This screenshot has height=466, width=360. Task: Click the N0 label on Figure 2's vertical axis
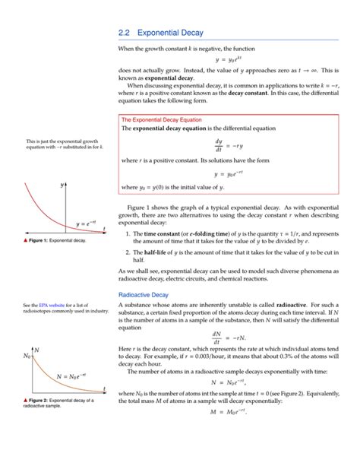pos(29,355)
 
